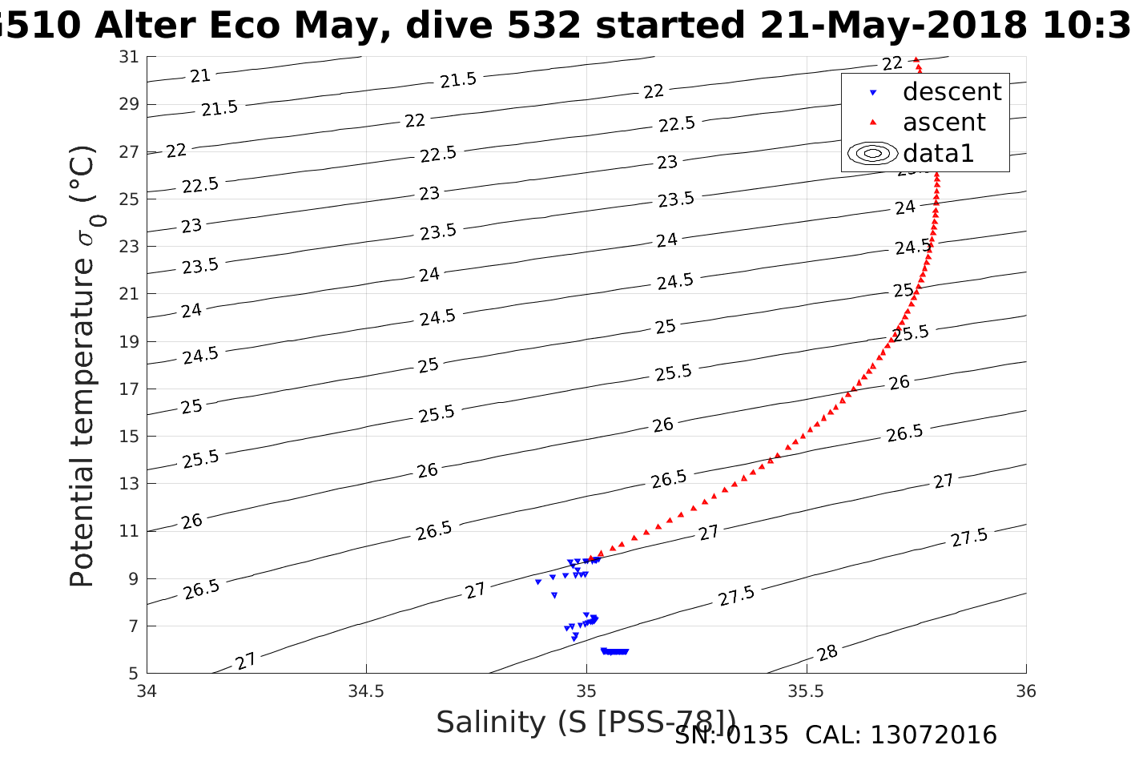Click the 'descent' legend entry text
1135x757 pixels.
(952, 92)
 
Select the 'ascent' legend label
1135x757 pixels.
(944, 123)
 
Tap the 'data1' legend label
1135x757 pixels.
(938, 153)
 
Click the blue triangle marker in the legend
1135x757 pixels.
(873, 93)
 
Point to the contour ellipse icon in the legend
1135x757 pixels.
(872, 153)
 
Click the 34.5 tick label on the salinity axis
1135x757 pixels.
(366, 691)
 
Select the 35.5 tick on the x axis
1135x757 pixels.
(806, 691)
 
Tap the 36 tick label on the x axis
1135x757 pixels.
(1025, 691)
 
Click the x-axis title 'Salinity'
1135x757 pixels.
(491, 723)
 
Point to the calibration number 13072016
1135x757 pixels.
(933, 735)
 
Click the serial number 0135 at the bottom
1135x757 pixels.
(757, 735)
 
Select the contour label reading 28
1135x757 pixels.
(827, 653)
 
